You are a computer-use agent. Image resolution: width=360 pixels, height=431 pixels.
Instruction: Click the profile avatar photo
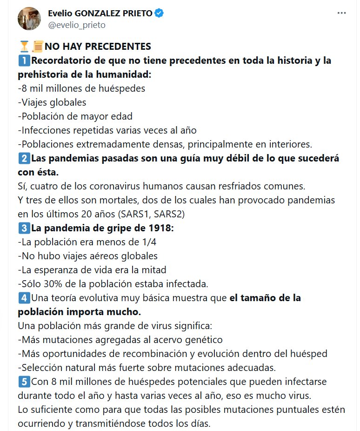[29, 19]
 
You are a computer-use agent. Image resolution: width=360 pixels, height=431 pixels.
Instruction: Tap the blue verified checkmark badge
[159, 13]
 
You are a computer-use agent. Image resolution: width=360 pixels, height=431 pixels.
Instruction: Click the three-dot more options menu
[342, 14]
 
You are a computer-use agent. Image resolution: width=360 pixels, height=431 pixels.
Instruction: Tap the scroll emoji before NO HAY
[37, 47]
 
